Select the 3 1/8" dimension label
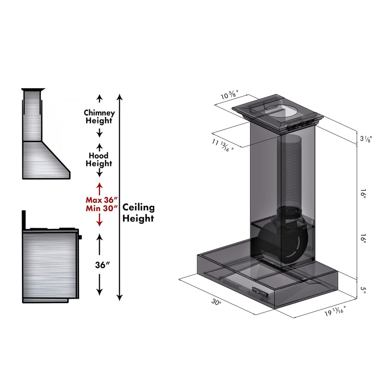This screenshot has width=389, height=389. point(366,138)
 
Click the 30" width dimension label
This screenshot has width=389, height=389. point(216,302)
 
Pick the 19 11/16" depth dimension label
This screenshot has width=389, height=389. point(335,311)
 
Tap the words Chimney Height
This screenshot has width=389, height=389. point(99,117)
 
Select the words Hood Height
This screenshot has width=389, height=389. point(99,159)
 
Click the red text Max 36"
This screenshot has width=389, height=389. point(100,200)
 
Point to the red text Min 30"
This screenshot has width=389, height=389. point(100,208)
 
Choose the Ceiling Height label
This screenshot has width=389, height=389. point(138,213)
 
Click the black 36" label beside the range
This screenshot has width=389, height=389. point(103,265)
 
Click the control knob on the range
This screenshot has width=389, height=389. point(80,237)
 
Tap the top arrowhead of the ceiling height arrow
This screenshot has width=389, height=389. point(120,96)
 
